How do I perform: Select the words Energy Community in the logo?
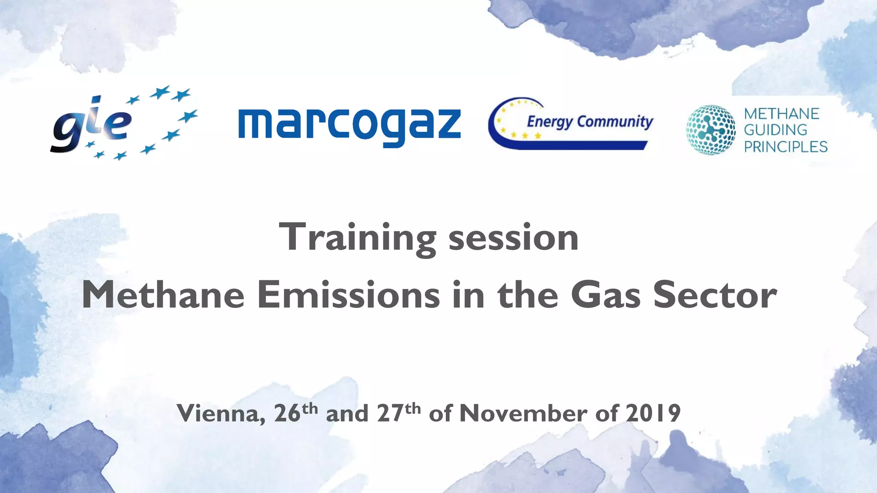tap(590, 122)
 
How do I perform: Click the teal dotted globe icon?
tap(710, 130)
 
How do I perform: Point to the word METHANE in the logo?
tap(782, 114)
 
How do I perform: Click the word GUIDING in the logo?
tap(775, 130)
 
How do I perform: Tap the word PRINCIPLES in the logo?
tap(785, 147)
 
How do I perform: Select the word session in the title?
tap(513, 238)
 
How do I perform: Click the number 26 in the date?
tap(287, 413)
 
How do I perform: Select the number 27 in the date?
tap(390, 413)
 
